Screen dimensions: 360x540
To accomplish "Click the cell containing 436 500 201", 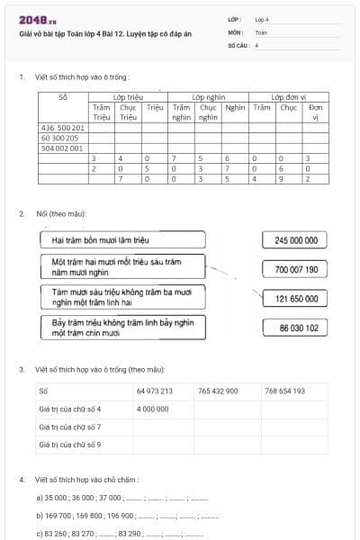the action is [x=63, y=128].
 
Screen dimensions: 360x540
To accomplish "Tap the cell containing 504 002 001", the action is [x=62, y=148].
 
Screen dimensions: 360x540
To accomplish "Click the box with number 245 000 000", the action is [x=294, y=240].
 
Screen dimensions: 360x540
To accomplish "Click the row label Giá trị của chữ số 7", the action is [x=69, y=426].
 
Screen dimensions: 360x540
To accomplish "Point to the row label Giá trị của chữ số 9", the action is [x=69, y=444].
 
